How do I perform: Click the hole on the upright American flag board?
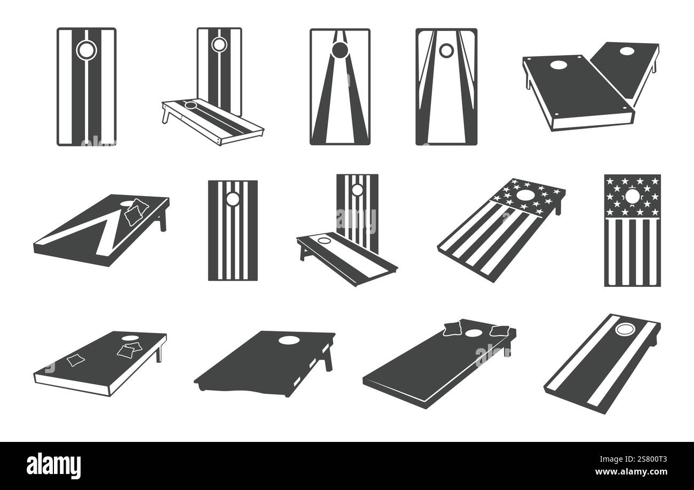632,198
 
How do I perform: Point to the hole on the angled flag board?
526,195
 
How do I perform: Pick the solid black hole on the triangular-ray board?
339,51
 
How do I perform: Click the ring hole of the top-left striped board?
85,50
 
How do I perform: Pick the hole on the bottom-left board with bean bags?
130,338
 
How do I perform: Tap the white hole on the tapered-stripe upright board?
445,51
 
